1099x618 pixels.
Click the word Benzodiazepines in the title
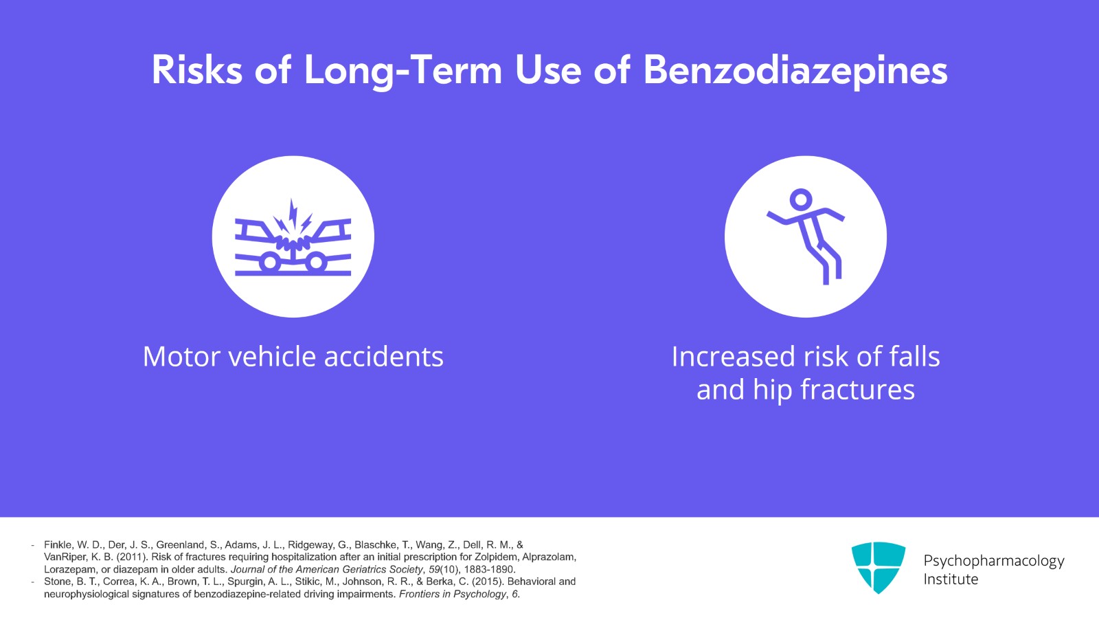point(795,71)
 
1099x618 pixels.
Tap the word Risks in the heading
point(197,70)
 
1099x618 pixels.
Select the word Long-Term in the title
point(403,71)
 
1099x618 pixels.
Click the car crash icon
point(293,237)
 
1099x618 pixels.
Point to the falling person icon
point(806,237)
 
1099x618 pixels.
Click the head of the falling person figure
point(801,200)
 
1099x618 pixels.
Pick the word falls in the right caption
point(914,357)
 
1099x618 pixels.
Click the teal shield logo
point(878,567)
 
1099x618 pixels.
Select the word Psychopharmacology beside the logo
point(993,561)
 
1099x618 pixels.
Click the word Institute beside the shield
point(951,580)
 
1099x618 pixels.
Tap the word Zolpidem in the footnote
point(497,557)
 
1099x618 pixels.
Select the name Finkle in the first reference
point(58,544)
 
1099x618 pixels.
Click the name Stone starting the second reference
point(58,582)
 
